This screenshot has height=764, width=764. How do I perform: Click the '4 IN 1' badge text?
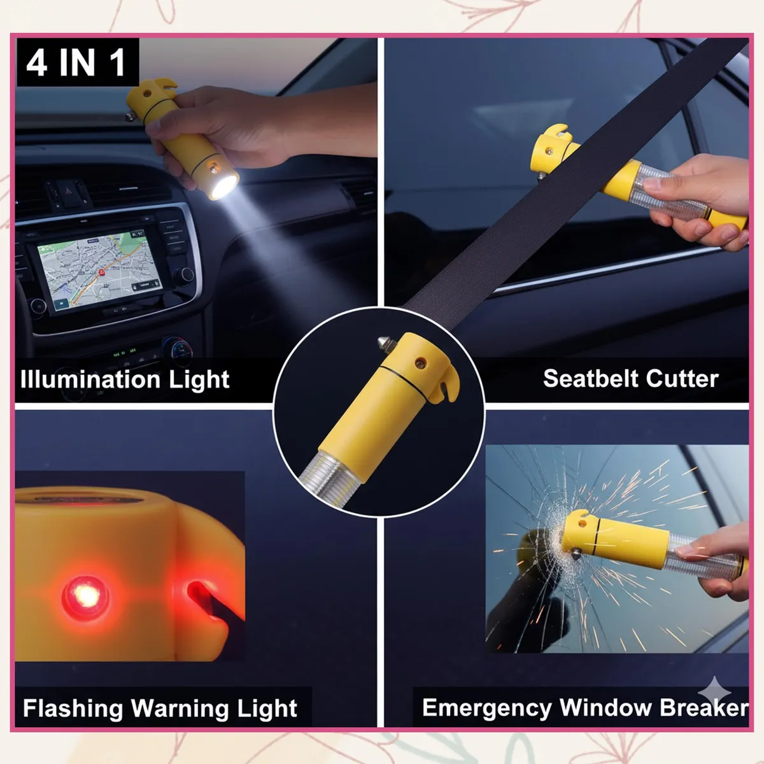coord(76,62)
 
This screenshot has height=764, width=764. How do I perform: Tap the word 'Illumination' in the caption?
coord(90,379)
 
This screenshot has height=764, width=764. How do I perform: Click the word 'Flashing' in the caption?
coord(73,708)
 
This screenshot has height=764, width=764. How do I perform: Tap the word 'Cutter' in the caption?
coord(682,378)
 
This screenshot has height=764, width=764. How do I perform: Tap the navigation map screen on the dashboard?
coord(100,269)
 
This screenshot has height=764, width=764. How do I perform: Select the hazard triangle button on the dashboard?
coord(68,190)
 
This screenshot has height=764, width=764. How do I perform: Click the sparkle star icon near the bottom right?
coord(714,691)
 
